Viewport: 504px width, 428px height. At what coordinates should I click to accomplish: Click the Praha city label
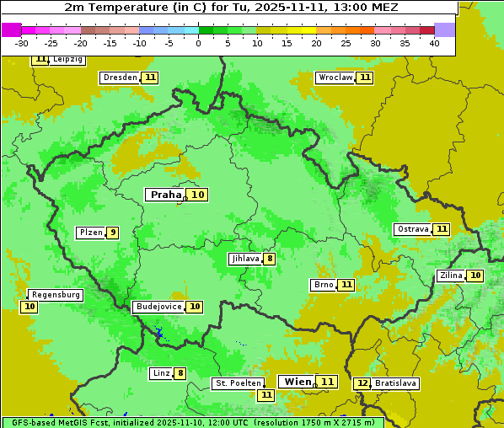[x=165, y=195]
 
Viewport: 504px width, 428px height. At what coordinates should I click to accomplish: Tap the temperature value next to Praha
[x=197, y=195]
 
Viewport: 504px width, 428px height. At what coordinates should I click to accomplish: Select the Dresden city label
[x=120, y=78]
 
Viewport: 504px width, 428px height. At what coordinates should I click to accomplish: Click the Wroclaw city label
[x=335, y=78]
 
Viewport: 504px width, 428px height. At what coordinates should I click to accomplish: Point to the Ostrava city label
[x=412, y=229]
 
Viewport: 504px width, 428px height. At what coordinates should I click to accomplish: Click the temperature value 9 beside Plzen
[x=113, y=233]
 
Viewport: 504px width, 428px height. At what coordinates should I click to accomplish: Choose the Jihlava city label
[x=244, y=259]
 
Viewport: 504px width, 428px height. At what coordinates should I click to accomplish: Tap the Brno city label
[x=323, y=285]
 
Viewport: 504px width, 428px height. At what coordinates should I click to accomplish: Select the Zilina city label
[x=451, y=276]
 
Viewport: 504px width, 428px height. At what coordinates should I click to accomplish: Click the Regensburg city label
[x=56, y=295]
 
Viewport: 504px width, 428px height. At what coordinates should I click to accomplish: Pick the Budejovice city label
[x=158, y=307]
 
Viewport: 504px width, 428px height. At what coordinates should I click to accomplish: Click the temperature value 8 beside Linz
[x=180, y=373]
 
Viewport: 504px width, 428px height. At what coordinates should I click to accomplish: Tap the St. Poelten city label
[x=237, y=383]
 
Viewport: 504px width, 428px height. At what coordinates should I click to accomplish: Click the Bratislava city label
[x=395, y=383]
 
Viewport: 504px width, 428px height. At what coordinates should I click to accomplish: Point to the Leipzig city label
[x=67, y=60]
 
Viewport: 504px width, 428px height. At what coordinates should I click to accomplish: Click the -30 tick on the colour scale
[x=22, y=43]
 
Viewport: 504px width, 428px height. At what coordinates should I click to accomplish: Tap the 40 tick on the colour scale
[x=434, y=43]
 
